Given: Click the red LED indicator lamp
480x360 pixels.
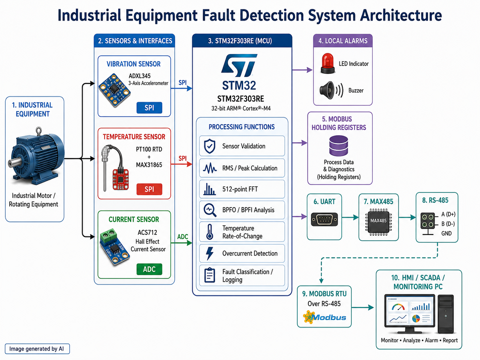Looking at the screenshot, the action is click(x=328, y=63).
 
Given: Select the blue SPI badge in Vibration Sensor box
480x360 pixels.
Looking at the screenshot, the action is click(x=150, y=108).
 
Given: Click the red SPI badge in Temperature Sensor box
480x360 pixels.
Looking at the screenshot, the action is click(x=150, y=189).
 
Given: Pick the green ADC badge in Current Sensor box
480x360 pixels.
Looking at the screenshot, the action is click(x=150, y=269).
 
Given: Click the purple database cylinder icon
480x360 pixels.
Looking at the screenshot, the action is click(x=338, y=146).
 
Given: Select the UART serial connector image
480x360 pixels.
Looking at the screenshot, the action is click(x=324, y=219).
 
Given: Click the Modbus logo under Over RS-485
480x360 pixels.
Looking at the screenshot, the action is click(x=325, y=317).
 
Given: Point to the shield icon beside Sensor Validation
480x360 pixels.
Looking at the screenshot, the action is click(x=210, y=146).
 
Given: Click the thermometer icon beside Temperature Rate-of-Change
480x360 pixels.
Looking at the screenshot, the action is click(x=210, y=232).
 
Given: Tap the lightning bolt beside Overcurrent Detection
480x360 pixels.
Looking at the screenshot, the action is click(x=210, y=254).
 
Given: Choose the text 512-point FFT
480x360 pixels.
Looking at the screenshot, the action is click(x=240, y=189).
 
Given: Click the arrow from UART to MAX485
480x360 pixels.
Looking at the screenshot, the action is click(x=350, y=217).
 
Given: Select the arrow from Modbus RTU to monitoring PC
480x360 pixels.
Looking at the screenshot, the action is click(x=363, y=307).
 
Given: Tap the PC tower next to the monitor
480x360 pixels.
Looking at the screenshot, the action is click(x=446, y=314).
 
